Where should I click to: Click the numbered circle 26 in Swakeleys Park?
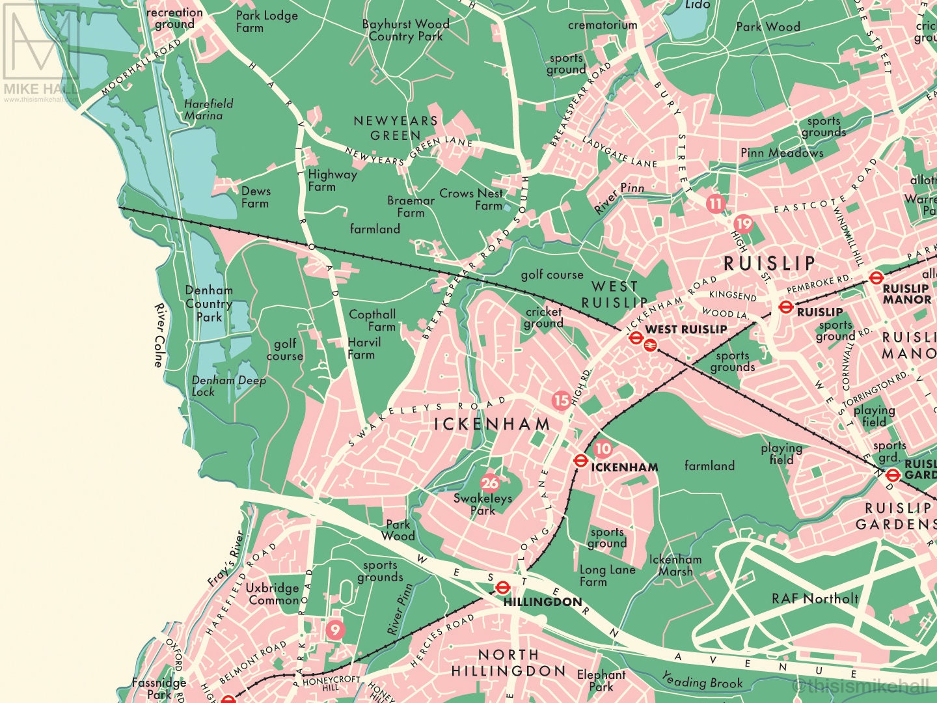pos(489,482)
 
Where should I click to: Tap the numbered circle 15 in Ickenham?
pos(561,400)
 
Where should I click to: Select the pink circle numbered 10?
pos(603,448)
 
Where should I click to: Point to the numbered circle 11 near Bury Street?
pos(716,203)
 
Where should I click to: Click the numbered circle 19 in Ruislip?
pos(743,224)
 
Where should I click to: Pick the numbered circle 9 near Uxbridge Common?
pos(334,629)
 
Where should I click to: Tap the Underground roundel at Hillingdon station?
pos(502,588)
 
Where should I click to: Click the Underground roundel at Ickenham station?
pos(581,461)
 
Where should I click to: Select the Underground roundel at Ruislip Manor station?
pos(876,279)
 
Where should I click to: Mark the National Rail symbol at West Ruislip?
pos(649,345)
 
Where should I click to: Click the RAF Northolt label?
pos(815,599)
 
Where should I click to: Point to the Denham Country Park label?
pos(209,304)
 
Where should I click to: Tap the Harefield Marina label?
pos(208,109)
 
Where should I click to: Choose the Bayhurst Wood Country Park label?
pos(405,30)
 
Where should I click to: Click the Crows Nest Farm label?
pos(471,199)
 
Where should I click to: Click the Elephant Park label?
pos(601,680)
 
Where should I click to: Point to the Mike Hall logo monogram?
pos(40,40)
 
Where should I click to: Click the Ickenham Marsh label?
pos(675,565)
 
